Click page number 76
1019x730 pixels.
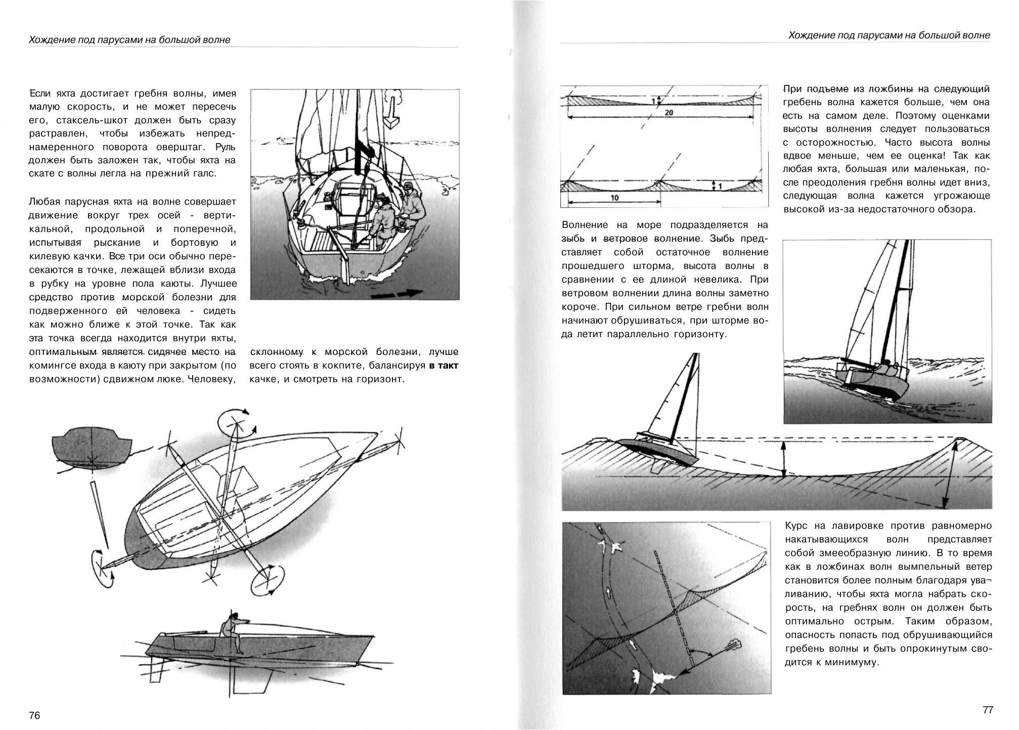pyautogui.click(x=34, y=715)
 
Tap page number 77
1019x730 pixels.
pyautogui.click(x=988, y=710)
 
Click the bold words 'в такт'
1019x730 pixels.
pyautogui.click(x=444, y=365)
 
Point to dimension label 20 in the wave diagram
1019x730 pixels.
pyautogui.click(x=669, y=113)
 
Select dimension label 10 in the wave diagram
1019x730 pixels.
pyautogui.click(x=614, y=198)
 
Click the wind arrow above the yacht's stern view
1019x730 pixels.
pyautogui.click(x=392, y=108)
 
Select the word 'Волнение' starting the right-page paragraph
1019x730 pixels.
pyautogui.click(x=585, y=225)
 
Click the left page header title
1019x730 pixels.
pyautogui.click(x=129, y=39)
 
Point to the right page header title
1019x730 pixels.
pyautogui.click(x=889, y=35)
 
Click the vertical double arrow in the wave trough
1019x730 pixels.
pyautogui.click(x=783, y=459)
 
